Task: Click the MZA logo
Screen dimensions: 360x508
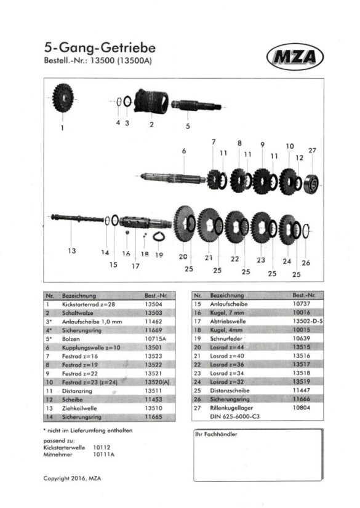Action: tap(295, 57)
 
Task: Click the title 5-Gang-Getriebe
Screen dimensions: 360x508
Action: tap(100, 47)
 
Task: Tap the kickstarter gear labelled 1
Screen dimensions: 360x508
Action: tap(63, 98)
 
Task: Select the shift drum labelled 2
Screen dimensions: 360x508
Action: tap(151, 101)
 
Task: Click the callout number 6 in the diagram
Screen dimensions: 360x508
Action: tap(184, 151)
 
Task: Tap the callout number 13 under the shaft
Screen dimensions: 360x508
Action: tap(72, 250)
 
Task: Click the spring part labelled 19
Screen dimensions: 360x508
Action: tap(159, 237)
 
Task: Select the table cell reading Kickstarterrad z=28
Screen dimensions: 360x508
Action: tap(89, 304)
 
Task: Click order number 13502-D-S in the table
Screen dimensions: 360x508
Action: tap(308, 321)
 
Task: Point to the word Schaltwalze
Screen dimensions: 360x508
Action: tap(78, 313)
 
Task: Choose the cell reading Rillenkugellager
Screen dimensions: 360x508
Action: tap(231, 408)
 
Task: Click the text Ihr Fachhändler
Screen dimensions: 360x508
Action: tap(216, 434)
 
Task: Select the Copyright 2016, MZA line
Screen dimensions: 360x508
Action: tap(72, 478)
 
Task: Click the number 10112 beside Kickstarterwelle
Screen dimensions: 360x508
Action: tap(102, 447)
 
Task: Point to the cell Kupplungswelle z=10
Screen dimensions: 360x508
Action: tap(91, 347)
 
